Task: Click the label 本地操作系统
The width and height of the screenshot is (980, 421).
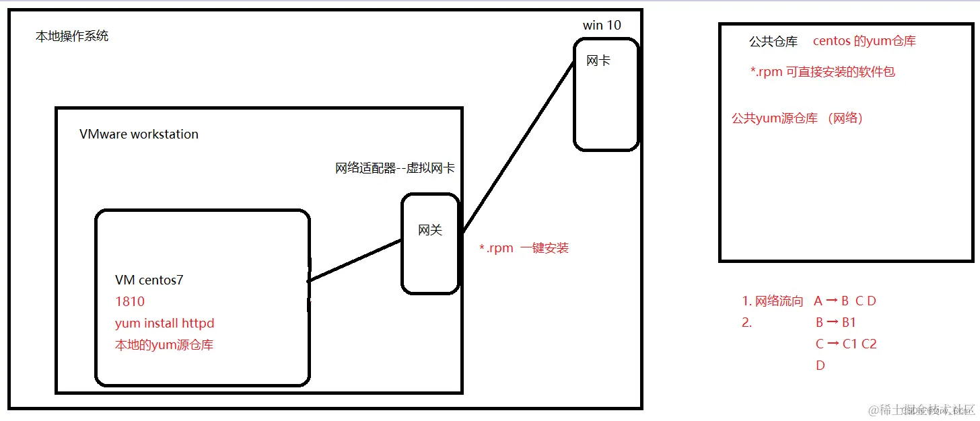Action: pyautogui.click(x=72, y=36)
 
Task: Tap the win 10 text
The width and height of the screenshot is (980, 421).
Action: pyautogui.click(x=602, y=25)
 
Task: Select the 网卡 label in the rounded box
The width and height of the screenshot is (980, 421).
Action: pyautogui.click(x=598, y=61)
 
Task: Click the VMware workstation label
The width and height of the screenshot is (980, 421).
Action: pyautogui.click(x=139, y=134)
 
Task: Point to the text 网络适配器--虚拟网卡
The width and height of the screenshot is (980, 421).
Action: pyautogui.click(x=394, y=168)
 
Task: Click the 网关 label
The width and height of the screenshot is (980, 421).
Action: pyautogui.click(x=430, y=230)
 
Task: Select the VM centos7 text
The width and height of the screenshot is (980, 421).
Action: pyautogui.click(x=149, y=280)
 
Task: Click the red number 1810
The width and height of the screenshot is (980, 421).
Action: pyautogui.click(x=130, y=302)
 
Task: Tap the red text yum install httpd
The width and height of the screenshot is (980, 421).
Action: pyautogui.click(x=164, y=323)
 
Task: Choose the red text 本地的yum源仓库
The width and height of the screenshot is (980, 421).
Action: pyautogui.click(x=164, y=345)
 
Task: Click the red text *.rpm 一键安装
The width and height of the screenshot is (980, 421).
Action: pyautogui.click(x=524, y=248)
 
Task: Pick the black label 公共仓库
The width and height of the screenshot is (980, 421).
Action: pyautogui.click(x=773, y=42)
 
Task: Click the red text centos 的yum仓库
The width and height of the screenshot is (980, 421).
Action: pyautogui.click(x=864, y=41)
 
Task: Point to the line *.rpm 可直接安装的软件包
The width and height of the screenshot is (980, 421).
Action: pyautogui.click(x=823, y=72)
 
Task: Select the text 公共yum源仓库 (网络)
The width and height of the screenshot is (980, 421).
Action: pyautogui.click(x=798, y=118)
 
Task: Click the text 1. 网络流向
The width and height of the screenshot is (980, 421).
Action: pyautogui.click(x=773, y=301)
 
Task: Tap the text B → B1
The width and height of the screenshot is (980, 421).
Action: pyautogui.click(x=835, y=323)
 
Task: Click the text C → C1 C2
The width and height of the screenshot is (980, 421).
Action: pyautogui.click(x=845, y=344)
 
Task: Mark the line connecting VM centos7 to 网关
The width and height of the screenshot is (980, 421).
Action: pyautogui.click(x=355, y=260)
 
